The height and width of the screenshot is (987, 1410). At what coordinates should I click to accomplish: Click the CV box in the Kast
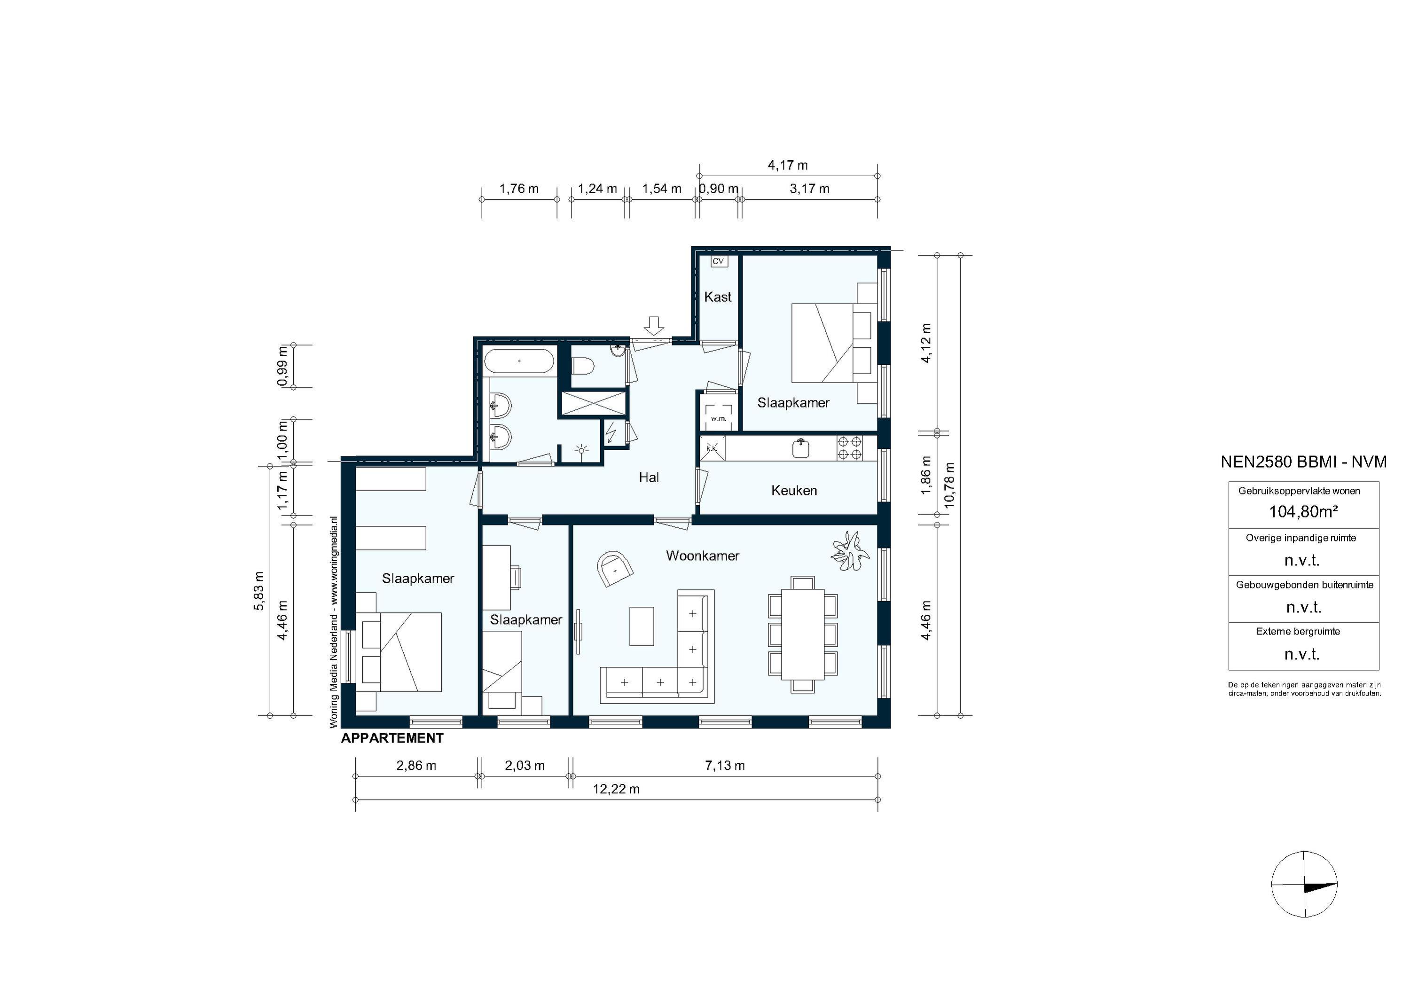[x=717, y=261]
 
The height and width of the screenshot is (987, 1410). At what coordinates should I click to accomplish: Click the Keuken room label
[x=793, y=490]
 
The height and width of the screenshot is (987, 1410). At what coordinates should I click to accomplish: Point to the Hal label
[x=649, y=477]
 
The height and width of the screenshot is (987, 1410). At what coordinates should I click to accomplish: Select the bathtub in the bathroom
[x=519, y=361]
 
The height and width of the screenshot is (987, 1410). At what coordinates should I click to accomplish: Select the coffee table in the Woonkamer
[x=642, y=626]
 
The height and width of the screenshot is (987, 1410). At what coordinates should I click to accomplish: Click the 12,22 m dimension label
[x=616, y=789]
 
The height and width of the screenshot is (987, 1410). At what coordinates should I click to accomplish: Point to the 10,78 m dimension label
[x=949, y=485]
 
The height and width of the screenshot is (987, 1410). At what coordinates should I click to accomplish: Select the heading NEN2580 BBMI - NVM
[x=1303, y=462]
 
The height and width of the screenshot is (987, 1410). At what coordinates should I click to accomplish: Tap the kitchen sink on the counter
[x=801, y=448]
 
